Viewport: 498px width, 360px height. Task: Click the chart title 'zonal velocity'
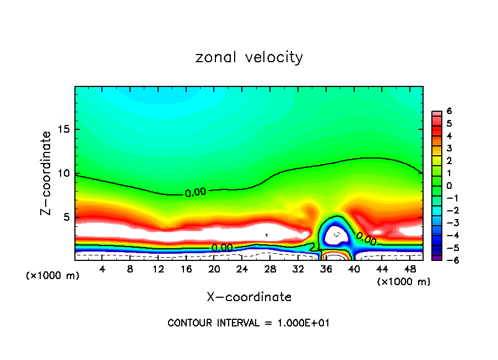click(249, 57)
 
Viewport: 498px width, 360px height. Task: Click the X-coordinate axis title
click(249, 297)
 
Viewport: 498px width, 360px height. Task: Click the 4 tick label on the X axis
click(102, 269)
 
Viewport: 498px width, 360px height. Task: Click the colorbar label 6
click(449, 111)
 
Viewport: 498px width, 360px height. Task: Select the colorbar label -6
click(447, 260)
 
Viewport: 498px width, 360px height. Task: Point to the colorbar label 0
click(449, 186)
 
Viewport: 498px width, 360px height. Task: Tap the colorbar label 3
click(449, 148)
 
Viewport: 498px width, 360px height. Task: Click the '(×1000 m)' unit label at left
click(53, 276)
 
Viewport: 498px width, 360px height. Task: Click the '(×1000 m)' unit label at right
click(404, 282)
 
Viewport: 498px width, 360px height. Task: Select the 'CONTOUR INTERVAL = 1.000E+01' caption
click(248, 323)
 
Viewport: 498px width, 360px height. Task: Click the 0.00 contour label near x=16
click(196, 193)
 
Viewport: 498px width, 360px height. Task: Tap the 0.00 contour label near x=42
click(366, 238)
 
